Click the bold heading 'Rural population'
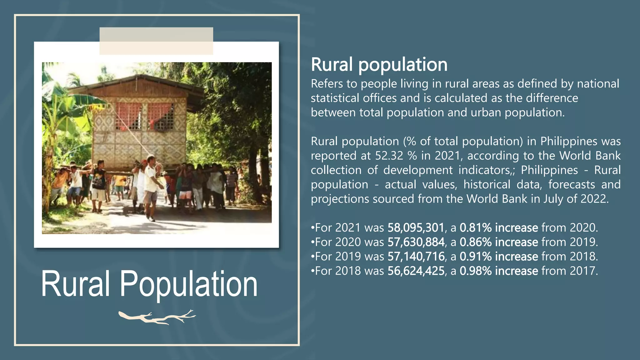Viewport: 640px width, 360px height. point(379,65)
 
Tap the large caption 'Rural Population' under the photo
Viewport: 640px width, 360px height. point(149,284)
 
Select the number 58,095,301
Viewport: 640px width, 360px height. point(416,228)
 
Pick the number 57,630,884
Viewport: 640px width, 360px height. point(416,242)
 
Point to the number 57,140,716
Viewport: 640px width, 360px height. point(416,257)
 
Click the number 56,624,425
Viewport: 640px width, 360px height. point(416,271)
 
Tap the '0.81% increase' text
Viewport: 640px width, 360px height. point(499,228)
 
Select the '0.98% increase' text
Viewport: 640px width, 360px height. point(499,271)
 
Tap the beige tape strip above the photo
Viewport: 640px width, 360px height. point(156,41)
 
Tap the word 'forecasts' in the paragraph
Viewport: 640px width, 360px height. point(571,184)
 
